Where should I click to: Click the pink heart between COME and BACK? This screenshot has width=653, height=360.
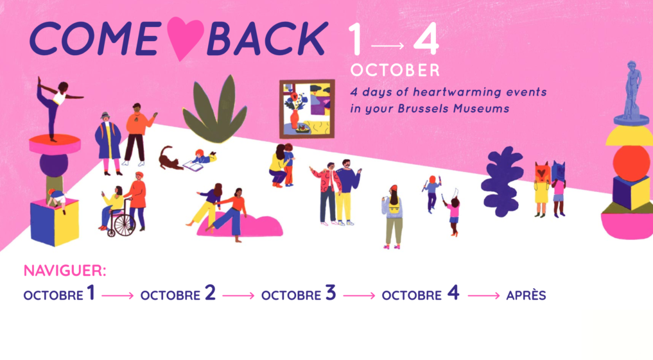click(185, 37)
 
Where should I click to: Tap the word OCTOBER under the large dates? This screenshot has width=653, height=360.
click(396, 71)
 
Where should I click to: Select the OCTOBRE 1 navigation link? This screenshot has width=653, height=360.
click(59, 293)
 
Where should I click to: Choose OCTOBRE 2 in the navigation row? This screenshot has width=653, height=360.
click(178, 293)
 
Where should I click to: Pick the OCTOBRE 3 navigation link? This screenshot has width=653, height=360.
click(299, 293)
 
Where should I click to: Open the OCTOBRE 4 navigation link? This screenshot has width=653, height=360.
click(421, 293)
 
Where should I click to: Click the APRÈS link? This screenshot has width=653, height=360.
click(526, 295)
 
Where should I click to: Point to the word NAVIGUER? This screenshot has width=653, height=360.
click(65, 271)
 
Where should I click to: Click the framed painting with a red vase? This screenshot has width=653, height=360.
click(307, 109)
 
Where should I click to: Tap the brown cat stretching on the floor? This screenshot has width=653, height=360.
click(169, 159)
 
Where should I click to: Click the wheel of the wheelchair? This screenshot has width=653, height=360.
click(121, 226)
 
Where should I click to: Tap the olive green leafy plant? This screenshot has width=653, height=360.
click(215, 110)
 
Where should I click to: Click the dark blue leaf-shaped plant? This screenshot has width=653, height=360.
click(502, 182)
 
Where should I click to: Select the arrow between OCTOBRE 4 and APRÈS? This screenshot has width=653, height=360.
click(483, 295)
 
